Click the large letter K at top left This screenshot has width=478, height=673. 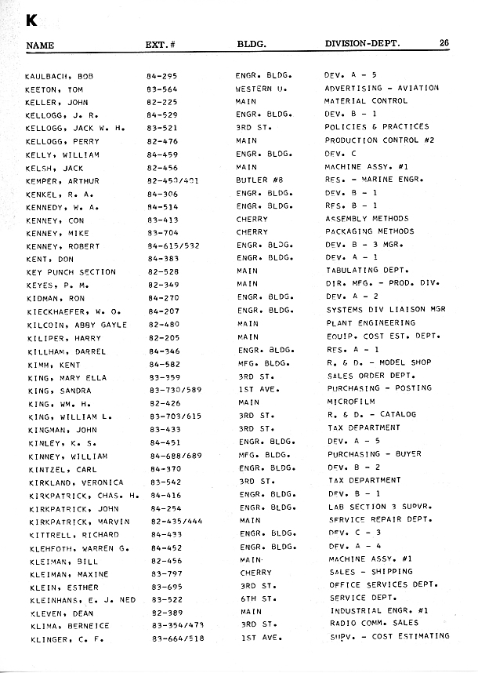pos(33,19)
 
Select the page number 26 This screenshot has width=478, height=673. pos(444,43)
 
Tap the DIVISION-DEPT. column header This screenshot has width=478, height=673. pos(362,44)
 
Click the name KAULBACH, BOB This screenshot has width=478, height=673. pos(59,75)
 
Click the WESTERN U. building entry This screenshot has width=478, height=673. pos(258,89)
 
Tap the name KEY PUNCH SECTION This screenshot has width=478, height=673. pos(71,271)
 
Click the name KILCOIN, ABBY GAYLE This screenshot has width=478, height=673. pos(76,323)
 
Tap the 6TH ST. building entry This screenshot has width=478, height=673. pos(255,598)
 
